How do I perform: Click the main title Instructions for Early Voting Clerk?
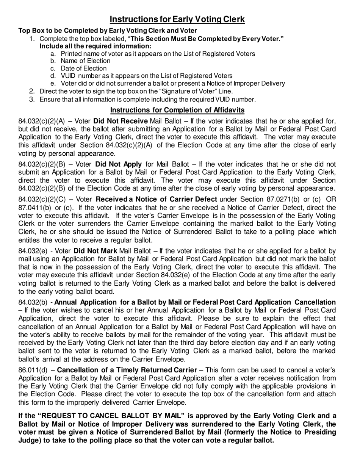coord(177,19)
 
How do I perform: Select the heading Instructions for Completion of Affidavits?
coord(177,110)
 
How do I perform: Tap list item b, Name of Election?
coord(85,61)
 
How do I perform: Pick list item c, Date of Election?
coord(83,69)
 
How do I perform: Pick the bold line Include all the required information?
coord(95,46)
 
